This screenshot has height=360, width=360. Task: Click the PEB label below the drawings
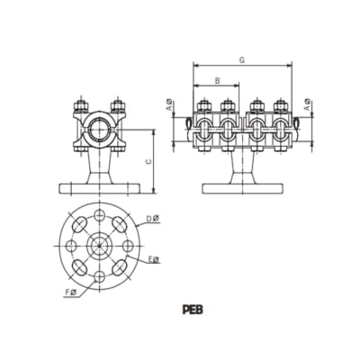click(191, 307)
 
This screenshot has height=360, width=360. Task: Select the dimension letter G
click(243, 60)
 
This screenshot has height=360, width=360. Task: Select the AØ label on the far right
click(308, 107)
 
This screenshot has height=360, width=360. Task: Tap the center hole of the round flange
click(96, 243)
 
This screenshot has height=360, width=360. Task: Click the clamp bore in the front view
click(97, 132)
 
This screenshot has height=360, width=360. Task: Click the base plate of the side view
click(242, 189)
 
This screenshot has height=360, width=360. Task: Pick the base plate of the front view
click(97, 189)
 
